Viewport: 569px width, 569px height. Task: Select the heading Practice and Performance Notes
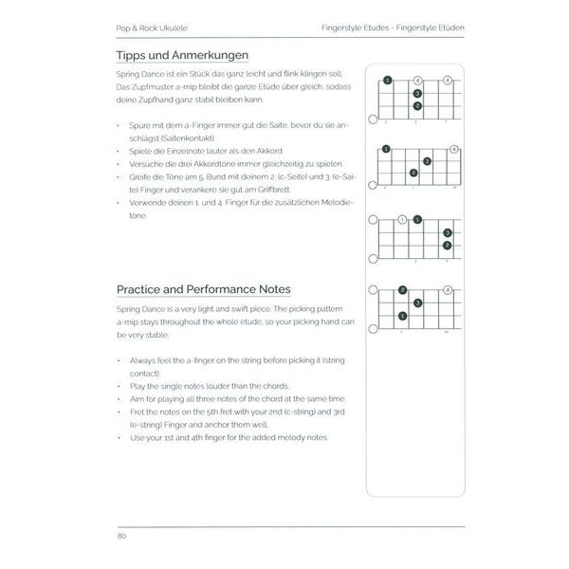point(203,289)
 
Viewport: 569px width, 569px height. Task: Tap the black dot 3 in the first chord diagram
point(417,92)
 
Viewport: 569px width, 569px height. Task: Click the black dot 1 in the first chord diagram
point(387,80)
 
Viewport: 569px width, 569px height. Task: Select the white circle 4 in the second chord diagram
point(454,149)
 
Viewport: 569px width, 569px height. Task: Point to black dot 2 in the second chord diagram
point(413,173)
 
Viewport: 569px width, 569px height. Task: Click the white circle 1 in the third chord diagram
point(402,220)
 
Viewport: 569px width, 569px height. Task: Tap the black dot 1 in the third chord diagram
point(417,220)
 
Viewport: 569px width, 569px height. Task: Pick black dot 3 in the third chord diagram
point(448,233)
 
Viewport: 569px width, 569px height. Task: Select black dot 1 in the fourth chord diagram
point(403,316)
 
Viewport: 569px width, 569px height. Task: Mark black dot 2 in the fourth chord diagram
point(403,290)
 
